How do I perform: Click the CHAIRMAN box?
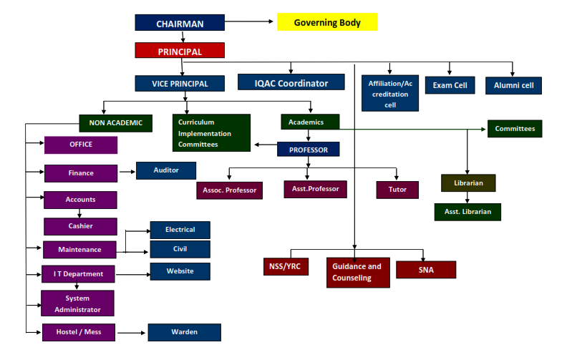[x=180, y=23]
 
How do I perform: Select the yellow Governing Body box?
[x=327, y=22]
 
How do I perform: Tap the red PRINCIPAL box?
[x=180, y=51]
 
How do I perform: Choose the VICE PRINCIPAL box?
[x=180, y=83]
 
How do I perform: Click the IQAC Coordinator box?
[x=291, y=83]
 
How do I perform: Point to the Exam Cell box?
[x=450, y=85]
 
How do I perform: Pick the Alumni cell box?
[x=513, y=85]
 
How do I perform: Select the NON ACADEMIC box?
[x=116, y=122]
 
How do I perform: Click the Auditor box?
[x=166, y=170]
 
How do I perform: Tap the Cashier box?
[x=80, y=225]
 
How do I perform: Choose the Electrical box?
[x=180, y=230]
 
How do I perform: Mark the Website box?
[x=180, y=271]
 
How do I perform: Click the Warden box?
[x=184, y=332]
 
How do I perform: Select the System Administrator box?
[x=77, y=303]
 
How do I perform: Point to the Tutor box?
[x=397, y=190]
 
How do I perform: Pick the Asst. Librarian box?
[x=467, y=212]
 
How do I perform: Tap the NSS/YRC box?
[x=285, y=267]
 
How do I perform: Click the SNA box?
[x=426, y=270]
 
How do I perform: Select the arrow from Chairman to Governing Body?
[x=251, y=22]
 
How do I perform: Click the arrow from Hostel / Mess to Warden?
[x=132, y=332]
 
